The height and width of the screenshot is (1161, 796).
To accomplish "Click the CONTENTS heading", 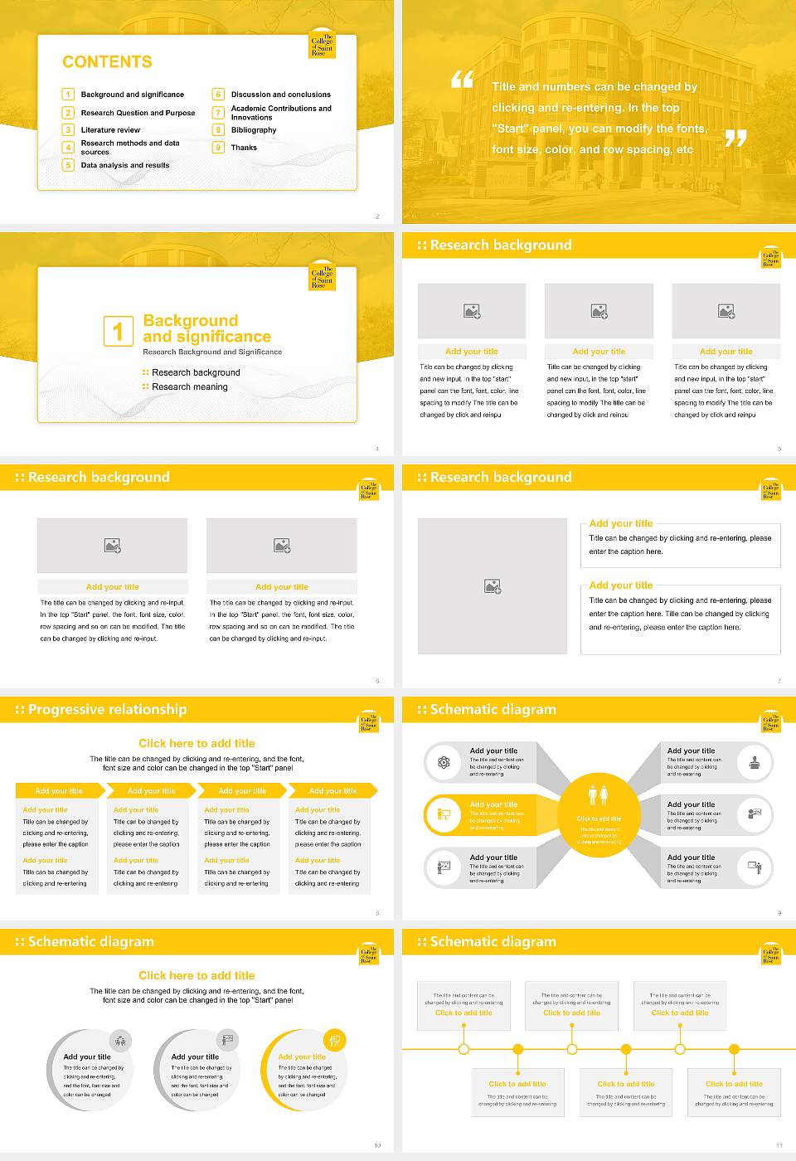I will point(107,62).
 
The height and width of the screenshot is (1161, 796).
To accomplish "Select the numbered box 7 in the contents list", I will point(219,113).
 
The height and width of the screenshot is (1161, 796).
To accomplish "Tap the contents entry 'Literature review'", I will point(110,130).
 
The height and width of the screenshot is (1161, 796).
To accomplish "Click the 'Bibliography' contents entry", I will point(254,130).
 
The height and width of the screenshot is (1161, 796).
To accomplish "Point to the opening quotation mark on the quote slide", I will point(462,80).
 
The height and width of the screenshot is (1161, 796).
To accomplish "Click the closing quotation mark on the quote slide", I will point(735,138).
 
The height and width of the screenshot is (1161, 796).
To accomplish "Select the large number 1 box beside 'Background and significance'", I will point(118,331).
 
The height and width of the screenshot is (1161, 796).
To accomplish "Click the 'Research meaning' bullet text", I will point(189,387).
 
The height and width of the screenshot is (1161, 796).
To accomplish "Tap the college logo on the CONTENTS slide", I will point(322,46).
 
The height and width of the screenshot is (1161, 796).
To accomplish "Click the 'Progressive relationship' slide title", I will point(107,709).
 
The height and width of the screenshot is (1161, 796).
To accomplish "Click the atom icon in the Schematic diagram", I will point(444,762).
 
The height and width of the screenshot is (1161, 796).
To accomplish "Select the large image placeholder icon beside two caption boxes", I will point(493,586).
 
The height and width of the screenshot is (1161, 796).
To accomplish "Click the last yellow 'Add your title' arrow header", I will point(332,791).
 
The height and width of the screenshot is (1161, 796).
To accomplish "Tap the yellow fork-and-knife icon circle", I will point(335,1040).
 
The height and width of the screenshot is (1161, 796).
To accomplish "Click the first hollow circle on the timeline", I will point(464,1049).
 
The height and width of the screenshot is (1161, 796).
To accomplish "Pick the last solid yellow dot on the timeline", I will point(734,1049).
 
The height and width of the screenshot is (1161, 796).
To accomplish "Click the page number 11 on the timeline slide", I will point(779,1145).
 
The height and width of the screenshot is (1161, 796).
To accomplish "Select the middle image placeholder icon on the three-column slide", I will point(599,311).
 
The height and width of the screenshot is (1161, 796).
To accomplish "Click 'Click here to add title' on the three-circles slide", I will point(197,975).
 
